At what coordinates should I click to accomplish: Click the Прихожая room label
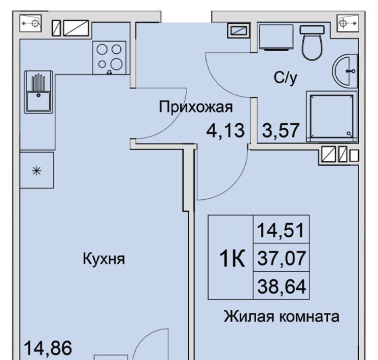pyautogui.click(x=196, y=107)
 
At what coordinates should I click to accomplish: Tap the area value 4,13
pyautogui.click(x=225, y=130)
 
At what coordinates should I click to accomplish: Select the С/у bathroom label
pyautogui.click(x=285, y=78)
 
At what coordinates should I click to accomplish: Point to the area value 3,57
pyautogui.click(x=281, y=130)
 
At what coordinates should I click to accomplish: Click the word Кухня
pyautogui.click(x=104, y=259)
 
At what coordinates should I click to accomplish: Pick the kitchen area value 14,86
pyautogui.click(x=48, y=348)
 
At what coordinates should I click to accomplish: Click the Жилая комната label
pyautogui.click(x=282, y=316)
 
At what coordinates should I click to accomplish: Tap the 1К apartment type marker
pyautogui.click(x=232, y=259)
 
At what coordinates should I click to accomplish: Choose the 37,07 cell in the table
pyautogui.click(x=281, y=258)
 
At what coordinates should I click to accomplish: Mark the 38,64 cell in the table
pyautogui.click(x=281, y=285)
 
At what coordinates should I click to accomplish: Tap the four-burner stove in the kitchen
pyautogui.click(x=109, y=58)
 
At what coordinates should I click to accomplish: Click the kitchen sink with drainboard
pyautogui.click(x=39, y=92)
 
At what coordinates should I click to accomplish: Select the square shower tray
pyautogui.click(x=331, y=117)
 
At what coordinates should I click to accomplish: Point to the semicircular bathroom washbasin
pyautogui.click(x=345, y=71)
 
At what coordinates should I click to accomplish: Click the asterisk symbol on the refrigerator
pyautogui.click(x=37, y=171)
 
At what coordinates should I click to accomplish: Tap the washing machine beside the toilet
pyautogui.click(x=276, y=37)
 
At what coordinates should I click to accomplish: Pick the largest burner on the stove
pyautogui.click(x=117, y=64)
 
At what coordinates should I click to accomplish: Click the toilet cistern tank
pyautogui.click(x=312, y=30)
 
